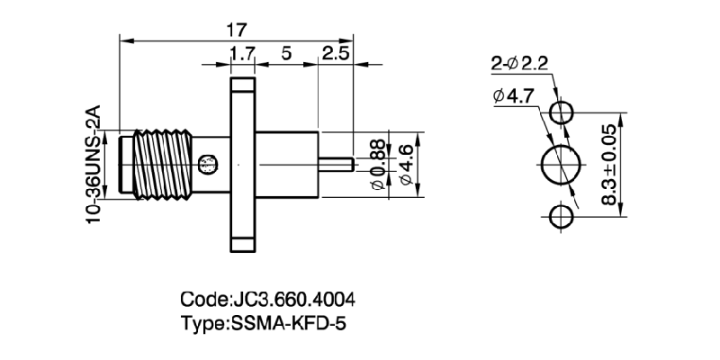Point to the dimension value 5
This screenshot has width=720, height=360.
(x=286, y=54)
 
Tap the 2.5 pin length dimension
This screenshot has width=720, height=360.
(x=335, y=54)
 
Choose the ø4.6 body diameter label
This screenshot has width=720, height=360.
(x=406, y=165)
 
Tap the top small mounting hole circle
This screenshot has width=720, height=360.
(x=562, y=112)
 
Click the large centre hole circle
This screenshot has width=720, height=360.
(x=561, y=165)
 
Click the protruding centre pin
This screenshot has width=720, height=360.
(x=336, y=165)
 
